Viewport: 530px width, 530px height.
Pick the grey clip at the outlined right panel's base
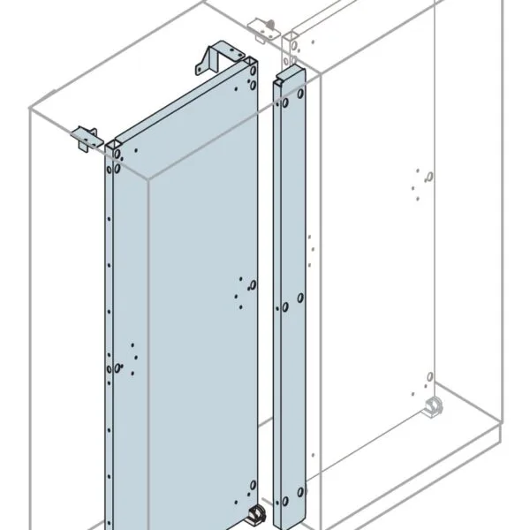click(434, 407)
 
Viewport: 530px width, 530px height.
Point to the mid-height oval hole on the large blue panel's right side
click(252, 284)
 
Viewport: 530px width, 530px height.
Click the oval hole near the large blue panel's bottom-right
click(253, 483)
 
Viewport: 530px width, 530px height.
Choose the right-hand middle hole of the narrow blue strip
click(300, 299)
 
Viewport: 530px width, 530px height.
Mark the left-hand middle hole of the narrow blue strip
click(285, 308)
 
